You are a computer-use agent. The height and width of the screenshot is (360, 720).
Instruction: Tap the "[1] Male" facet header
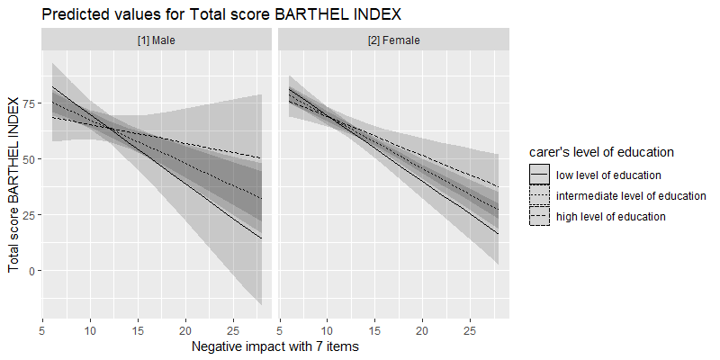click(x=157, y=40)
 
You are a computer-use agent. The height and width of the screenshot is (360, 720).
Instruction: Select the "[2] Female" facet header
click(x=394, y=40)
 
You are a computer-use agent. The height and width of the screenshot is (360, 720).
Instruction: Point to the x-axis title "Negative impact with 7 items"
click(x=275, y=346)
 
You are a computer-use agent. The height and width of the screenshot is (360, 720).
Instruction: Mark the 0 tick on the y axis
click(x=31, y=271)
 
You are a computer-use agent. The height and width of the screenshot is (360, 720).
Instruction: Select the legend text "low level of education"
click(x=609, y=175)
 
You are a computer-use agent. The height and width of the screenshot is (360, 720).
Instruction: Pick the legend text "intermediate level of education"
click(x=631, y=195)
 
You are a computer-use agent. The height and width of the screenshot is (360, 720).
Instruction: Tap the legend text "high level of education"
click(x=611, y=216)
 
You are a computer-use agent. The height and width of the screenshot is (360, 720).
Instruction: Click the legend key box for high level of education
click(x=539, y=216)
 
